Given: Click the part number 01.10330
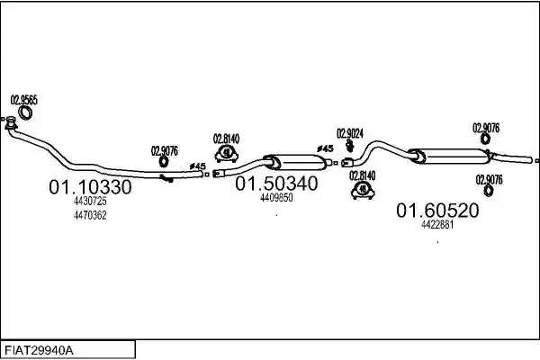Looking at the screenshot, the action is [90, 187].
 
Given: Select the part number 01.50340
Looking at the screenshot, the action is [276, 184].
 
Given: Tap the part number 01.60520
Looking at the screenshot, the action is [437, 210].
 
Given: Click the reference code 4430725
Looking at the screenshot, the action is [90, 201].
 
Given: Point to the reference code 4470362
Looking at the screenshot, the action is [90, 215].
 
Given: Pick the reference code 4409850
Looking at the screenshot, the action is [276, 198].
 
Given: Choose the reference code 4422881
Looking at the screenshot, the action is [437, 225].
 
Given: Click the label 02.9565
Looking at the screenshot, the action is [23, 100].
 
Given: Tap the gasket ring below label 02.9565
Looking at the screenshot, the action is [25, 112].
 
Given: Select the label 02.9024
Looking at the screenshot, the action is [350, 133].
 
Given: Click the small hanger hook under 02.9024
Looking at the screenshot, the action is [350, 146].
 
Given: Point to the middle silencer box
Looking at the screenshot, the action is [295, 162].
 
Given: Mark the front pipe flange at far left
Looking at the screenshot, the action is [11, 123].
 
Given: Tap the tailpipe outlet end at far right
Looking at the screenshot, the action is [531, 160].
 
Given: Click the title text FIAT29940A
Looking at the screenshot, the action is [39, 351].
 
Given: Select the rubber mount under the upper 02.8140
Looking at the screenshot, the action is [226, 154].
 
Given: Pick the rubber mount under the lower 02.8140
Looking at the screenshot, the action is [363, 190].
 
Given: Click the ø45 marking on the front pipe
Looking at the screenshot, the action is [197, 166].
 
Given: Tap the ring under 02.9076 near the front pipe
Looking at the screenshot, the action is [164, 162].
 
